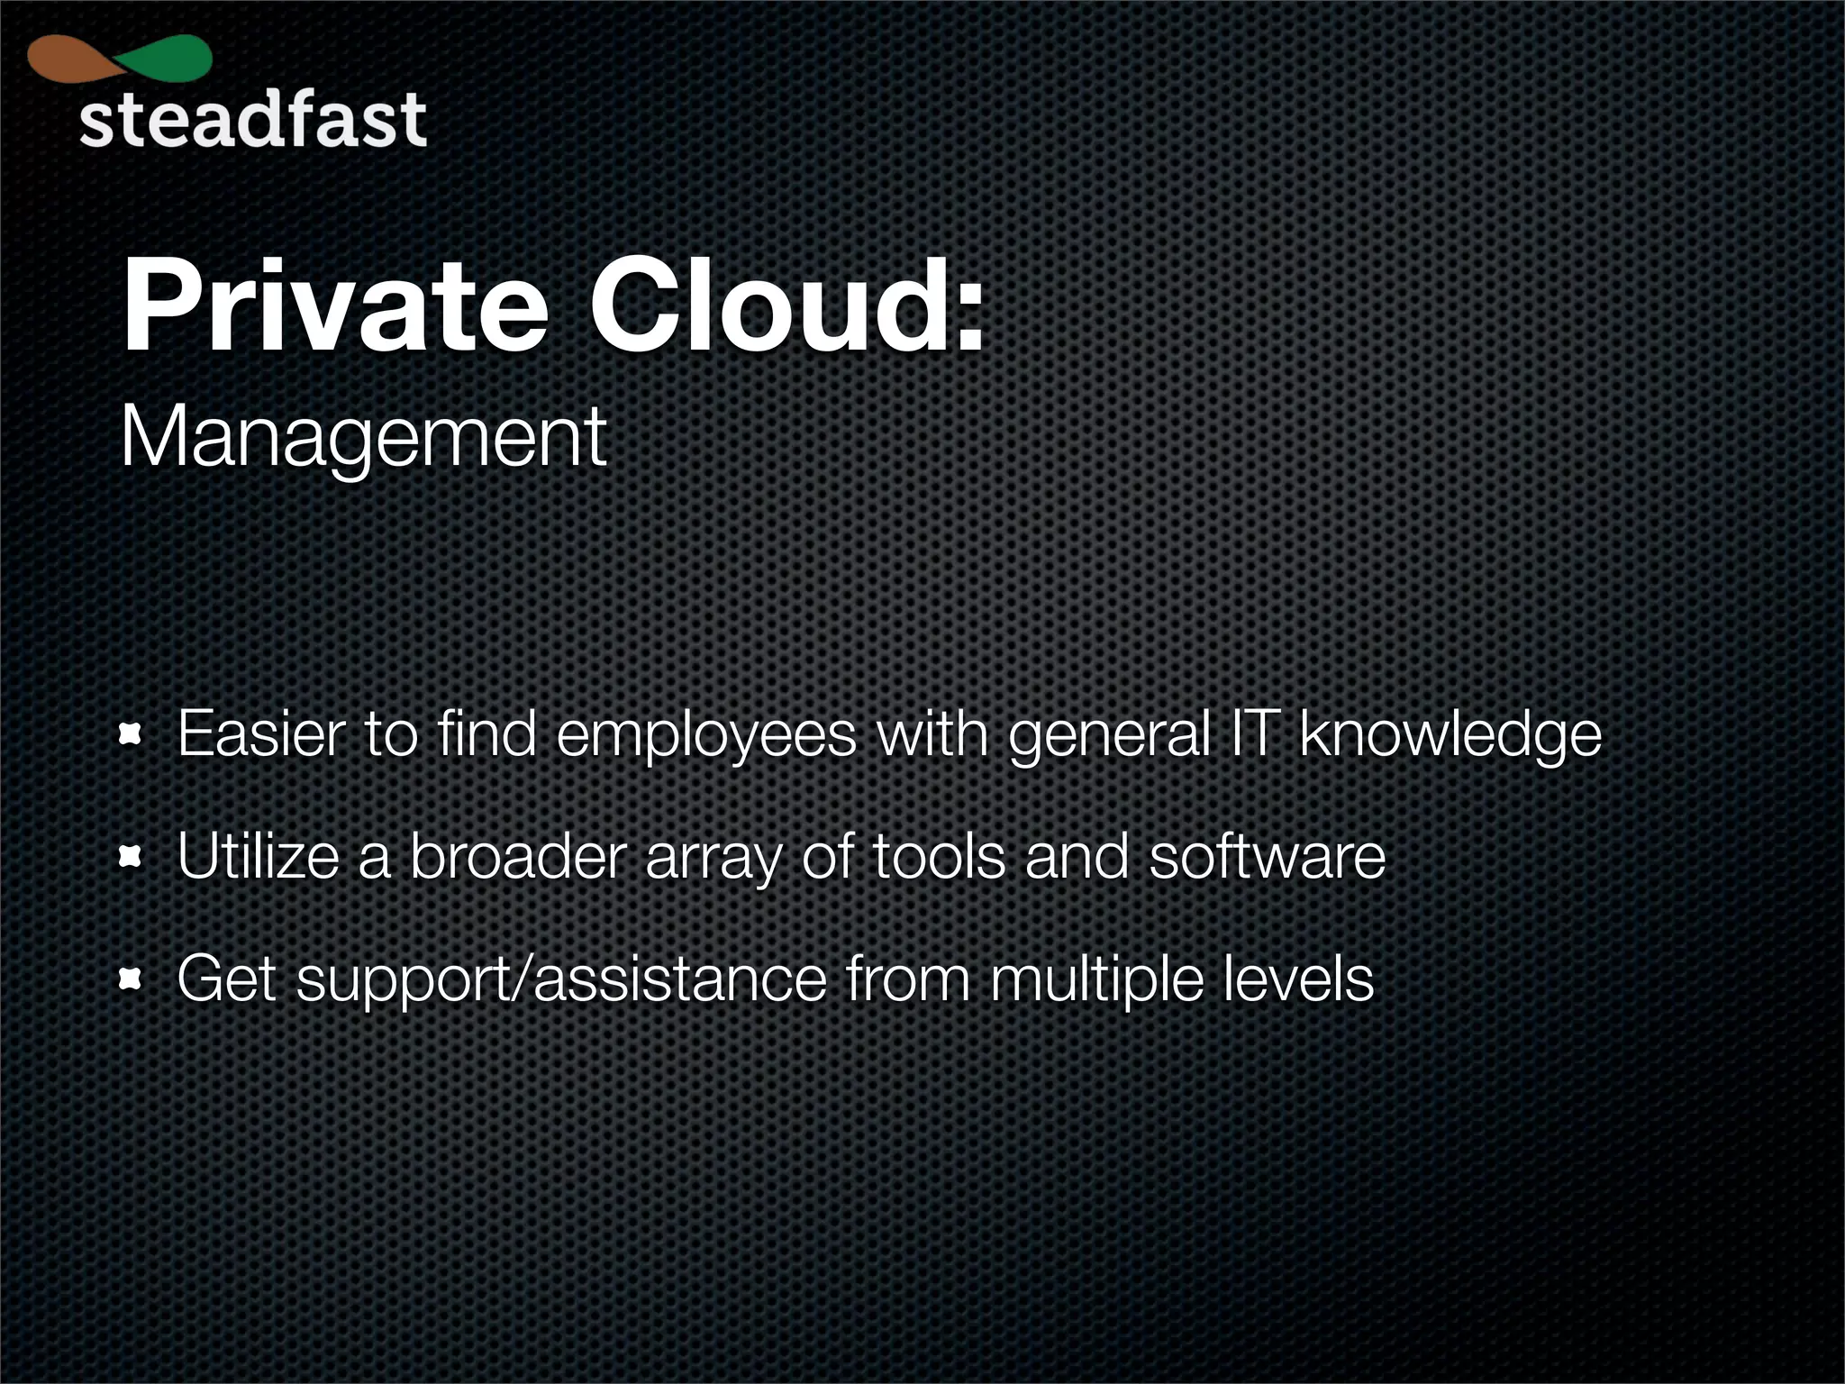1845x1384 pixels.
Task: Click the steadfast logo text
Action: click(x=252, y=120)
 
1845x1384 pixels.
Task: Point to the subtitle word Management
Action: click(x=363, y=438)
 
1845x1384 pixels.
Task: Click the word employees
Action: click(x=706, y=736)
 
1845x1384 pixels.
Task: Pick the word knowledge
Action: click(x=1450, y=736)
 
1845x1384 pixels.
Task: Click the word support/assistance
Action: click(x=561, y=980)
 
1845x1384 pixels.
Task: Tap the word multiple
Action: click(x=1096, y=980)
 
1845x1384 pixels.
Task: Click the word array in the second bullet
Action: click(x=713, y=859)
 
